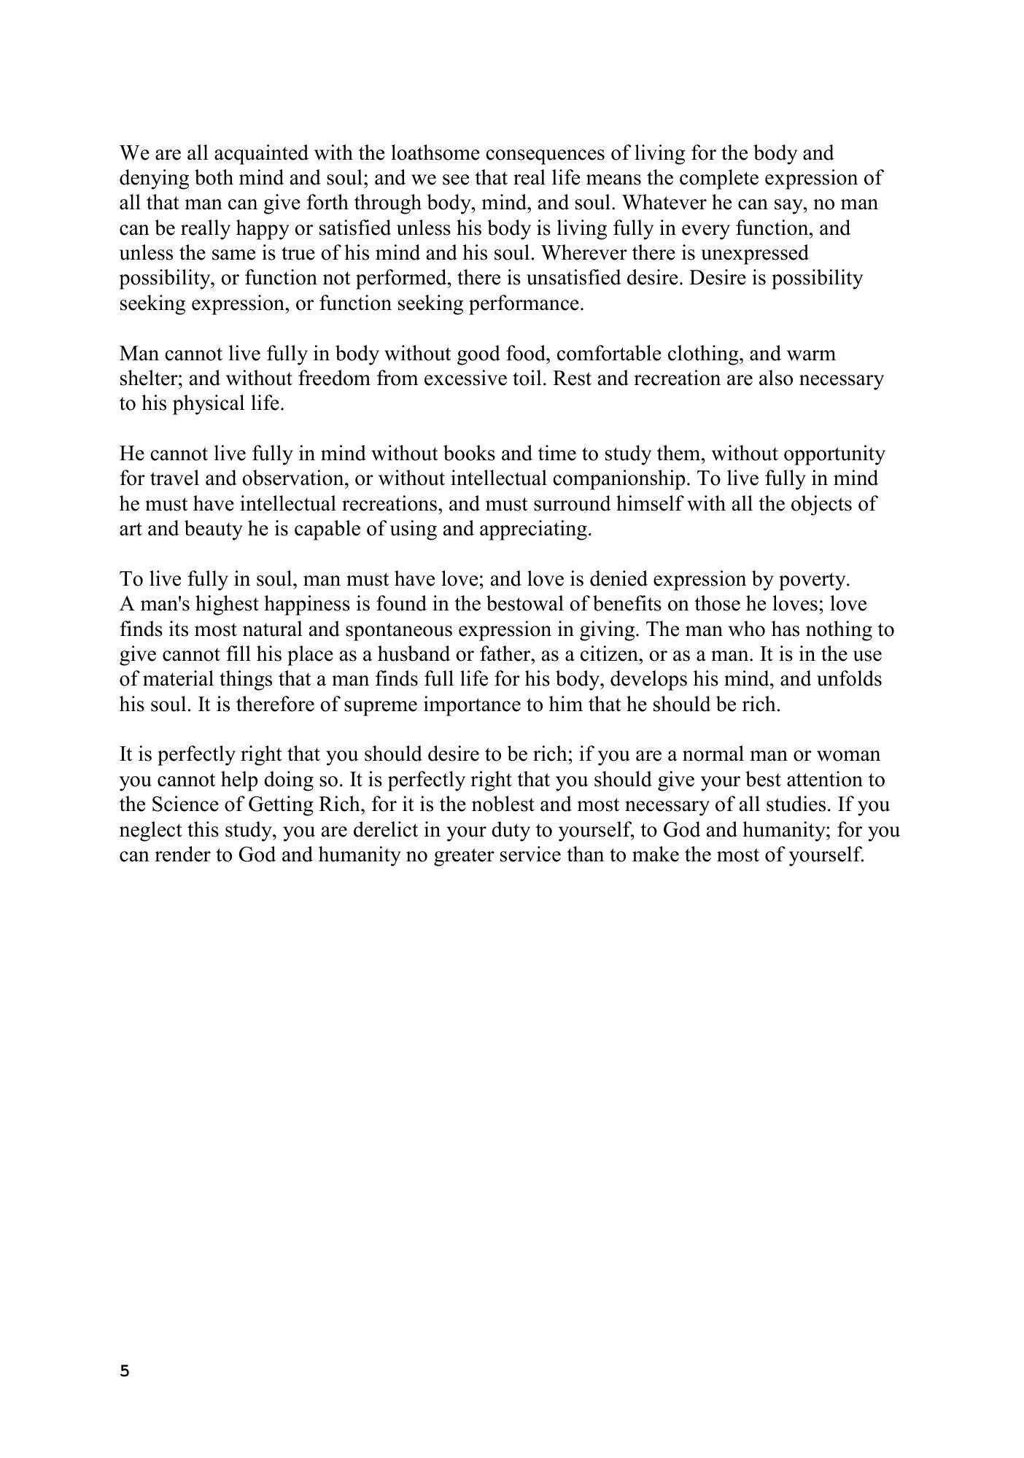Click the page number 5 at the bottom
click(x=124, y=1371)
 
